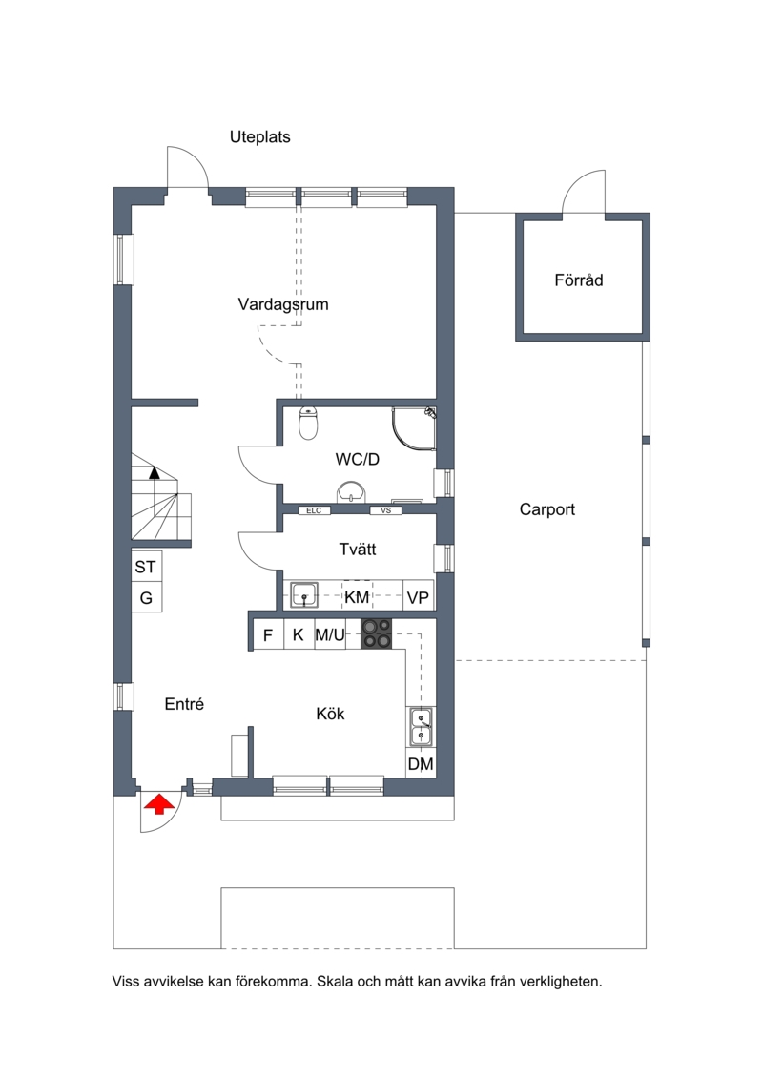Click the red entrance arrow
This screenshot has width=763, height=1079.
158,803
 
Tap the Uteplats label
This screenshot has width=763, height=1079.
260,137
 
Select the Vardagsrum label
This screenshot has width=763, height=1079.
283,304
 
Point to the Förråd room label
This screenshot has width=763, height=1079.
579,280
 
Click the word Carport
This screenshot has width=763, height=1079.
546,509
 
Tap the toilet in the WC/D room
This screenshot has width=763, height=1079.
308,423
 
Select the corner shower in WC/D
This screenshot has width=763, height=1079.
414,428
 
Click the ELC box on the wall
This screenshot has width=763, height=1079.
314,510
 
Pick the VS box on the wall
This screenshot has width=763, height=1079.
386,510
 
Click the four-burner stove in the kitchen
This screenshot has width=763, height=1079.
377,633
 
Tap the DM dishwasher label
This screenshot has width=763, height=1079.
421,763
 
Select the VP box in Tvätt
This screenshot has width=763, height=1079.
419,597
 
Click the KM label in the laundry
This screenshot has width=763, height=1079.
357,597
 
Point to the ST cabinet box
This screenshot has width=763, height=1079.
147,567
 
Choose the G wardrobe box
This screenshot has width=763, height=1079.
147,597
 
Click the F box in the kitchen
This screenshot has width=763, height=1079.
268,634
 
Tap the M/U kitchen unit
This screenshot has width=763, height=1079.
330,634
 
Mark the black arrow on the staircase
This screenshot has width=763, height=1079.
155,473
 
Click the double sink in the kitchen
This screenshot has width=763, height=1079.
421,727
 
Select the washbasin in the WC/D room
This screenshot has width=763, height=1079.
351,492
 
